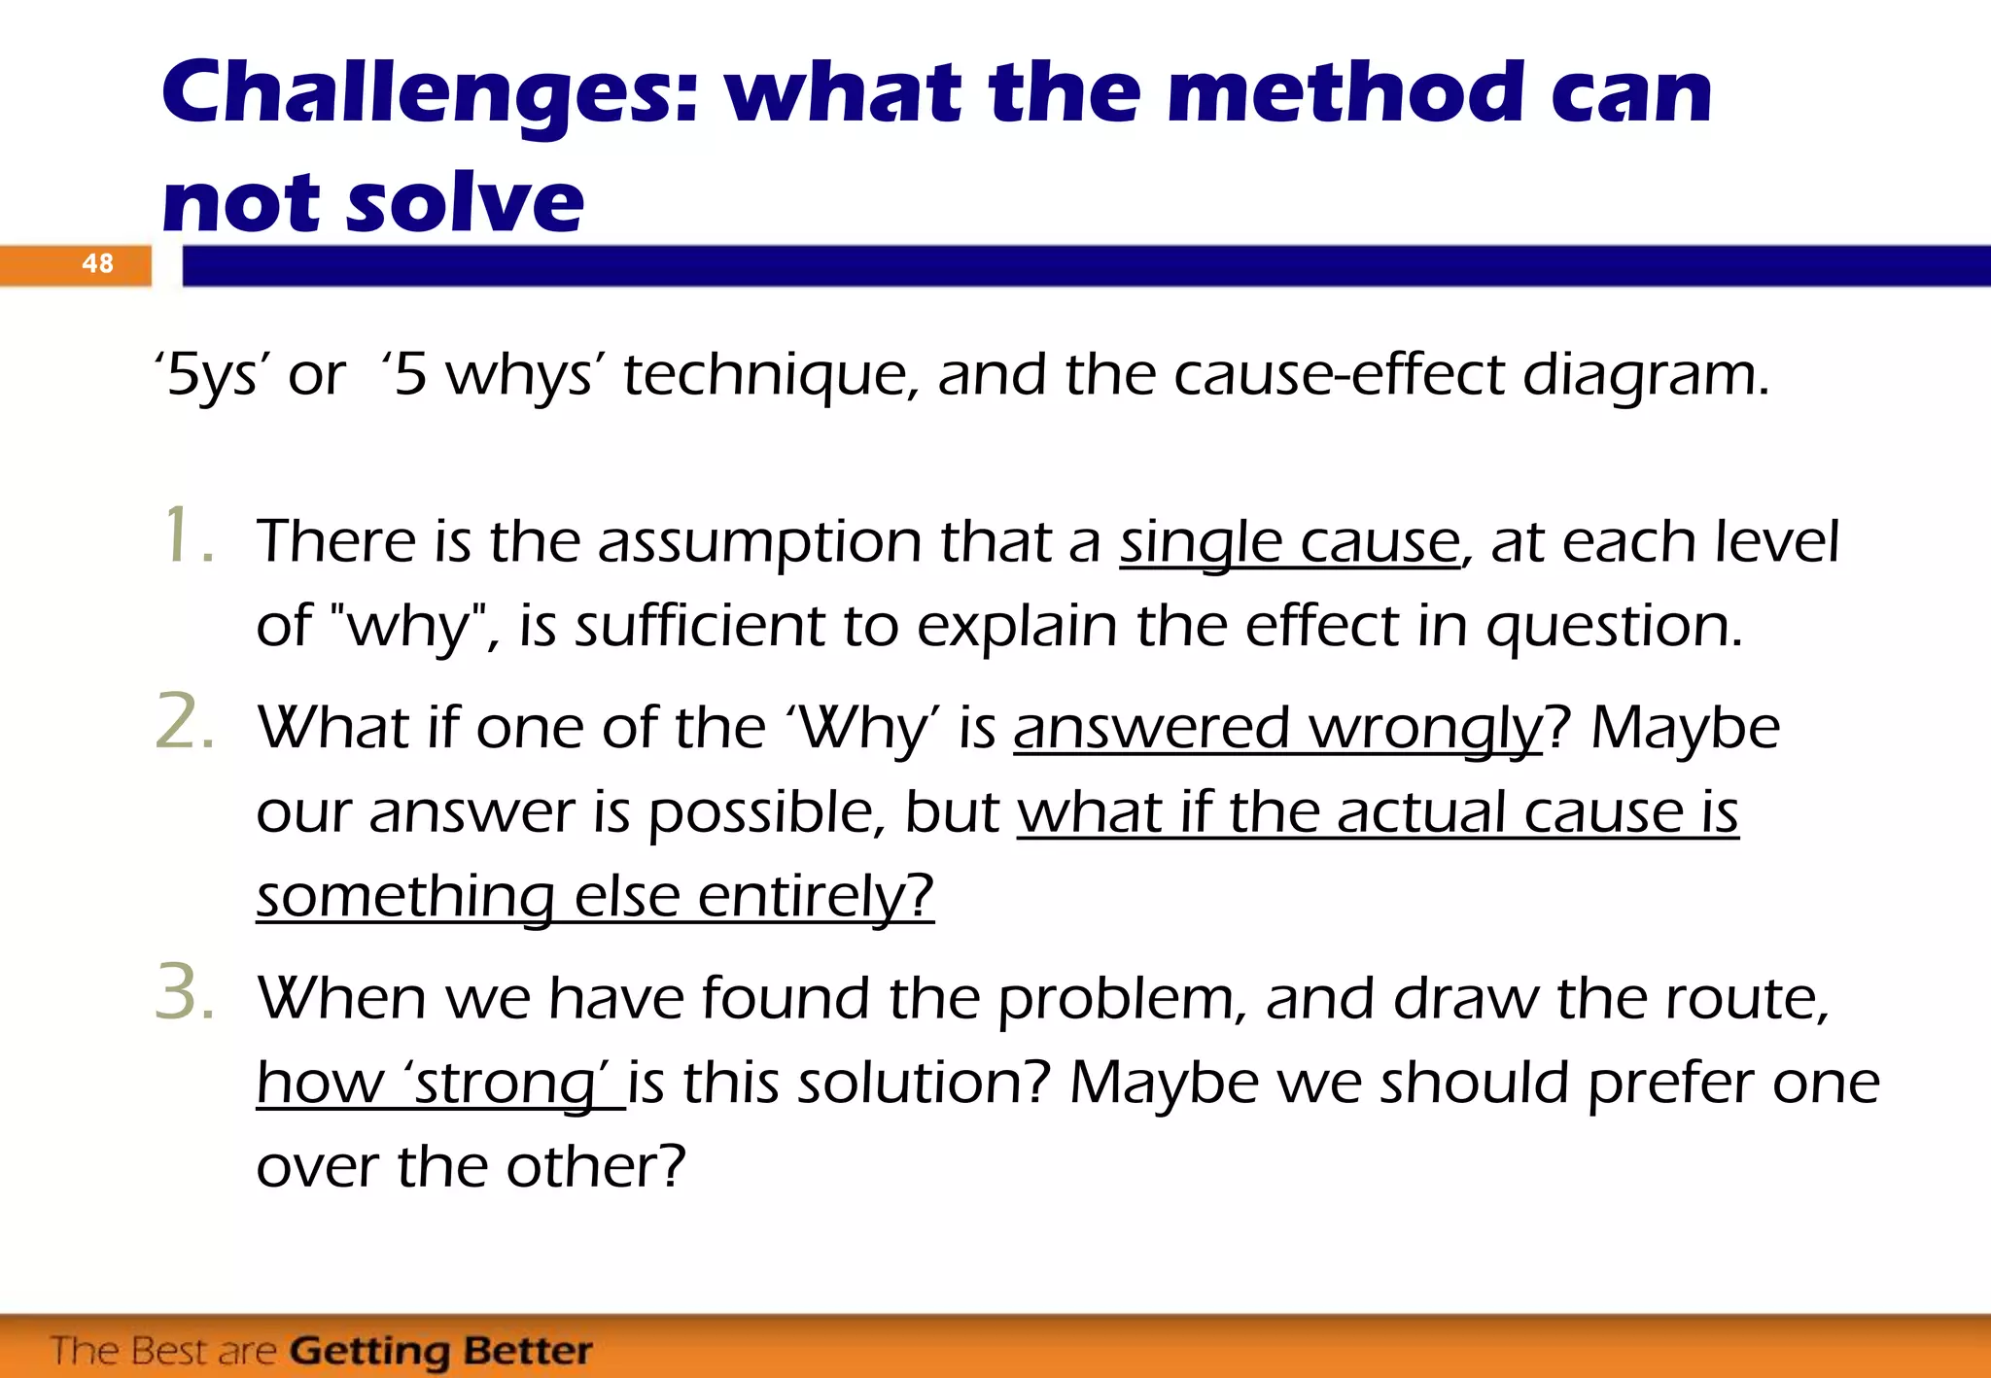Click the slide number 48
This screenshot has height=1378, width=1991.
pyautogui.click(x=97, y=263)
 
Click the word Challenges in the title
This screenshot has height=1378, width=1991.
pyautogui.click(x=428, y=95)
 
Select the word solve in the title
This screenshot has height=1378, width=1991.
pyautogui.click(x=465, y=204)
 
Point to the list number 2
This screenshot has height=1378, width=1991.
pyautogui.click(x=185, y=723)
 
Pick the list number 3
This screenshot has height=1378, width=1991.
pyautogui.click(x=185, y=993)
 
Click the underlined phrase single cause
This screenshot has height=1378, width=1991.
pyautogui.click(x=1289, y=542)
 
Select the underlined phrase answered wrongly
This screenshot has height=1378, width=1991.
pyautogui.click(x=1277, y=729)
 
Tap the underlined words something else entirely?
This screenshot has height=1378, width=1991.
pyautogui.click(x=595, y=896)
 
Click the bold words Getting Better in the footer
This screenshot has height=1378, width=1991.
pyautogui.click(x=441, y=1351)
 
